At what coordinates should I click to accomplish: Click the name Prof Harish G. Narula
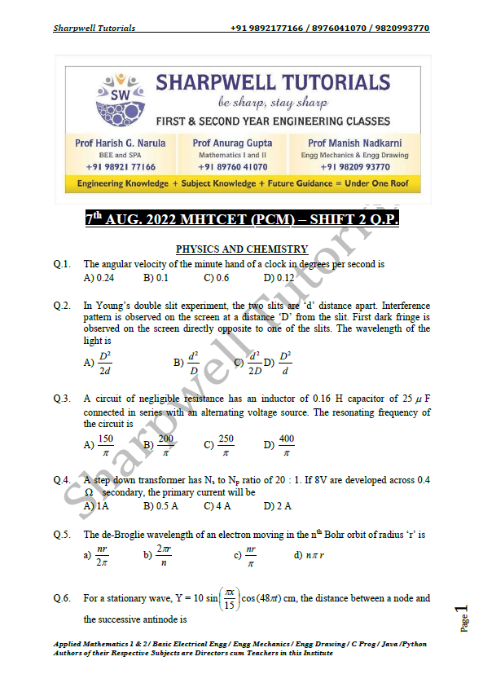click(120, 143)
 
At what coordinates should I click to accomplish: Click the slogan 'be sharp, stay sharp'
click(272, 104)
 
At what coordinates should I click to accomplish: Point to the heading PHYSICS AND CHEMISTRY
click(242, 249)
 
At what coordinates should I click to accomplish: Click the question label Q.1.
click(62, 264)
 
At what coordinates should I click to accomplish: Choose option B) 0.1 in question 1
click(156, 277)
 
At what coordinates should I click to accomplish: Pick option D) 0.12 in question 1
click(279, 277)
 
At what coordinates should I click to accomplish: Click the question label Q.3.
click(62, 399)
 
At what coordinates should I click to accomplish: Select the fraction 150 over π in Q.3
click(105, 444)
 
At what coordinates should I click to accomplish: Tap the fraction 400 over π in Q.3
click(286, 444)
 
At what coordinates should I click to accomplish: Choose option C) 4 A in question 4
click(217, 506)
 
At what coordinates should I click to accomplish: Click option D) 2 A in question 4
click(278, 506)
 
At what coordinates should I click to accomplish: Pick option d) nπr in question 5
click(310, 556)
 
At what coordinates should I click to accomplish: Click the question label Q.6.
click(62, 598)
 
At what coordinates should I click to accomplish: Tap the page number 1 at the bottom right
click(463, 611)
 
